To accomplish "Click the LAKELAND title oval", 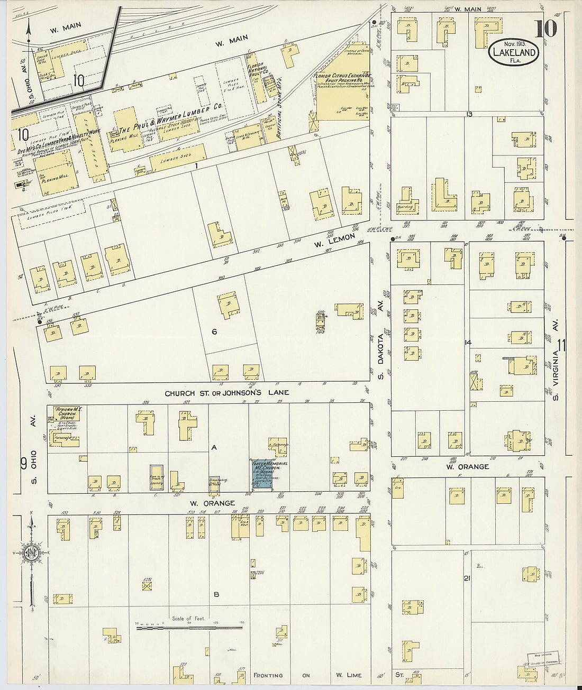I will (514, 52).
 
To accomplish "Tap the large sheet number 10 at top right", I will (545, 29).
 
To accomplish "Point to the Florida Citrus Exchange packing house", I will (342, 95).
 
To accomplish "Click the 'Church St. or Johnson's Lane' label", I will (226, 393).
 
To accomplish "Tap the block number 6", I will (214, 332).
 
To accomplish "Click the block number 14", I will (468, 343).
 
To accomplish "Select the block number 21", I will (467, 578).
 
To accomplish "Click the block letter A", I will (214, 447).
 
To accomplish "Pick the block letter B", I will (216, 594).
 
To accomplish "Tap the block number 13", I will (469, 114).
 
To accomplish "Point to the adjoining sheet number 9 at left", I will (24, 464).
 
